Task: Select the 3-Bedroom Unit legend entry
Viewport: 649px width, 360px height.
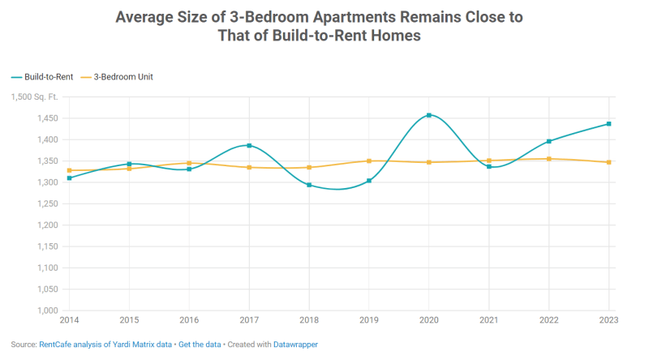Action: (122, 77)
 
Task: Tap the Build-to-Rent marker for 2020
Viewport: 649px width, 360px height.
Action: (429, 115)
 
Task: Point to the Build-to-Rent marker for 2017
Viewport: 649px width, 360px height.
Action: (249, 146)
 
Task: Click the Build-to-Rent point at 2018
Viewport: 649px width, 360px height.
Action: (309, 185)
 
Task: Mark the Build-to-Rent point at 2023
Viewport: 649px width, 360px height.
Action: (608, 124)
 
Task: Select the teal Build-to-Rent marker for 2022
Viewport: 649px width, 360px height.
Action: (548, 141)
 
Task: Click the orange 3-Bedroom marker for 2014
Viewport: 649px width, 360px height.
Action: (70, 170)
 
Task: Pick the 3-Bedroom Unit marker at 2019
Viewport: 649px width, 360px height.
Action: (369, 161)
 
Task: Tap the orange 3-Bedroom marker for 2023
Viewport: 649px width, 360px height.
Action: (608, 162)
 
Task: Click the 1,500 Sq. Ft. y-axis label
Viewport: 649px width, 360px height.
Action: (35, 97)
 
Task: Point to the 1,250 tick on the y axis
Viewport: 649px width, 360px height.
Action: (45, 204)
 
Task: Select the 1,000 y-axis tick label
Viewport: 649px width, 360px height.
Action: (45, 311)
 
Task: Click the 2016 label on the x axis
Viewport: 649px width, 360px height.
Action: (189, 321)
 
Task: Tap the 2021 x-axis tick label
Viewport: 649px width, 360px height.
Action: (488, 321)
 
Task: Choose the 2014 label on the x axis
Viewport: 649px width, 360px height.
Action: (70, 321)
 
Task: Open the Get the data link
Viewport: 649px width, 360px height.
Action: (200, 345)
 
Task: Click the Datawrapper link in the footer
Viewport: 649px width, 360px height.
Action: (295, 345)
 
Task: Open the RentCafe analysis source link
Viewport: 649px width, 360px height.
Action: (105, 345)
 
